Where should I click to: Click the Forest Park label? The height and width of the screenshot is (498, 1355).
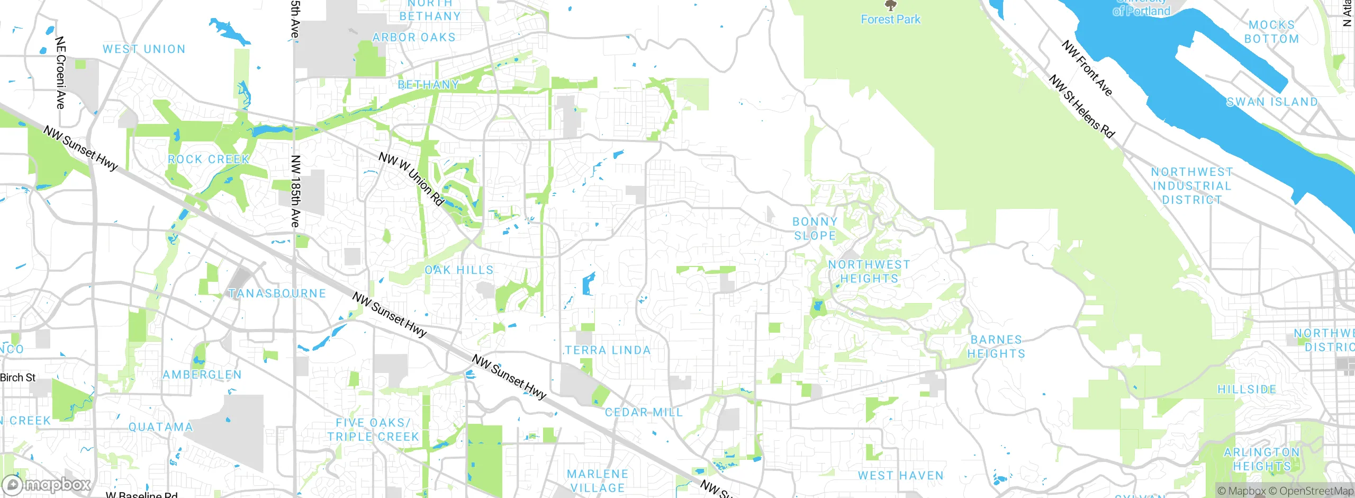pos(890,20)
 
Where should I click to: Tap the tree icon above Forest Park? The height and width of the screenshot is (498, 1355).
pos(891,6)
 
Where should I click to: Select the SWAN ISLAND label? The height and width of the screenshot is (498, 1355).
pos(1271,102)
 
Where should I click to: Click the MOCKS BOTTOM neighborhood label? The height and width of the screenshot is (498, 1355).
pos(1271,32)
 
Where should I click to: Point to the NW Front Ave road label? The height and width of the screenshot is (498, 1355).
pos(1087,68)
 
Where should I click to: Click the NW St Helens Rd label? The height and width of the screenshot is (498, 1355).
pos(1082,106)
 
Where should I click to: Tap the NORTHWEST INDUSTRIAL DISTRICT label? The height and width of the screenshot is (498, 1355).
pos(1192,186)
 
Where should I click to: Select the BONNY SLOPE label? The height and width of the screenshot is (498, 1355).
pos(815,228)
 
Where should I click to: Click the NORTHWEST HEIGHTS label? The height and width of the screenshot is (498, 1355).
pos(869,271)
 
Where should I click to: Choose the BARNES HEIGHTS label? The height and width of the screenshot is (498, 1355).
pos(996,346)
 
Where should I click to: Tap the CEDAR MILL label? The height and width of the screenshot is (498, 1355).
pos(644,412)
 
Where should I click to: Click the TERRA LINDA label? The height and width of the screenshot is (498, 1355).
pos(608,350)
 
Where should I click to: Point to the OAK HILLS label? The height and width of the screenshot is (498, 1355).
pos(459,270)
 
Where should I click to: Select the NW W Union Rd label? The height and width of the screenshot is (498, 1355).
pos(411,179)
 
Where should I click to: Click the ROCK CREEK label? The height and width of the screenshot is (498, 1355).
pos(208,159)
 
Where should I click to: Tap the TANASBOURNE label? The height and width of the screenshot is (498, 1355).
pos(277,294)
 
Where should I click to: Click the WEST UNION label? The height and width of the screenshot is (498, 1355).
pos(144,49)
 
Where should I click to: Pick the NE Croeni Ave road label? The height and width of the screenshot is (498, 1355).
pos(60,73)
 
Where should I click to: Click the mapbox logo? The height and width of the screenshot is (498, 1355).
pos(47,484)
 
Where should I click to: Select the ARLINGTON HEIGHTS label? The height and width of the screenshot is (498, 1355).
pos(1262,459)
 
